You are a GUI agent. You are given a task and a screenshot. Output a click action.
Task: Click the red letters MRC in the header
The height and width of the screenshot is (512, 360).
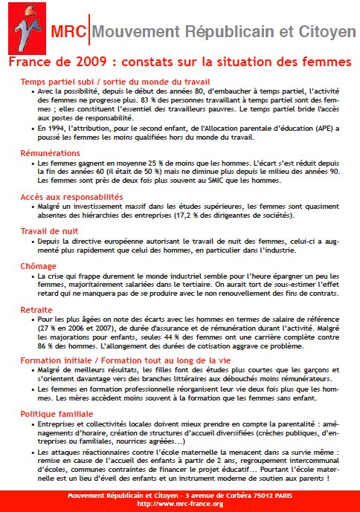(x=68, y=31)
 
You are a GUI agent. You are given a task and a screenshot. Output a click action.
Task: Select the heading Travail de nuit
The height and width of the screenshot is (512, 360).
(x=49, y=232)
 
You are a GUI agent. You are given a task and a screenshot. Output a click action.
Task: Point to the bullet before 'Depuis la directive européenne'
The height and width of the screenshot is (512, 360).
(x=32, y=242)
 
